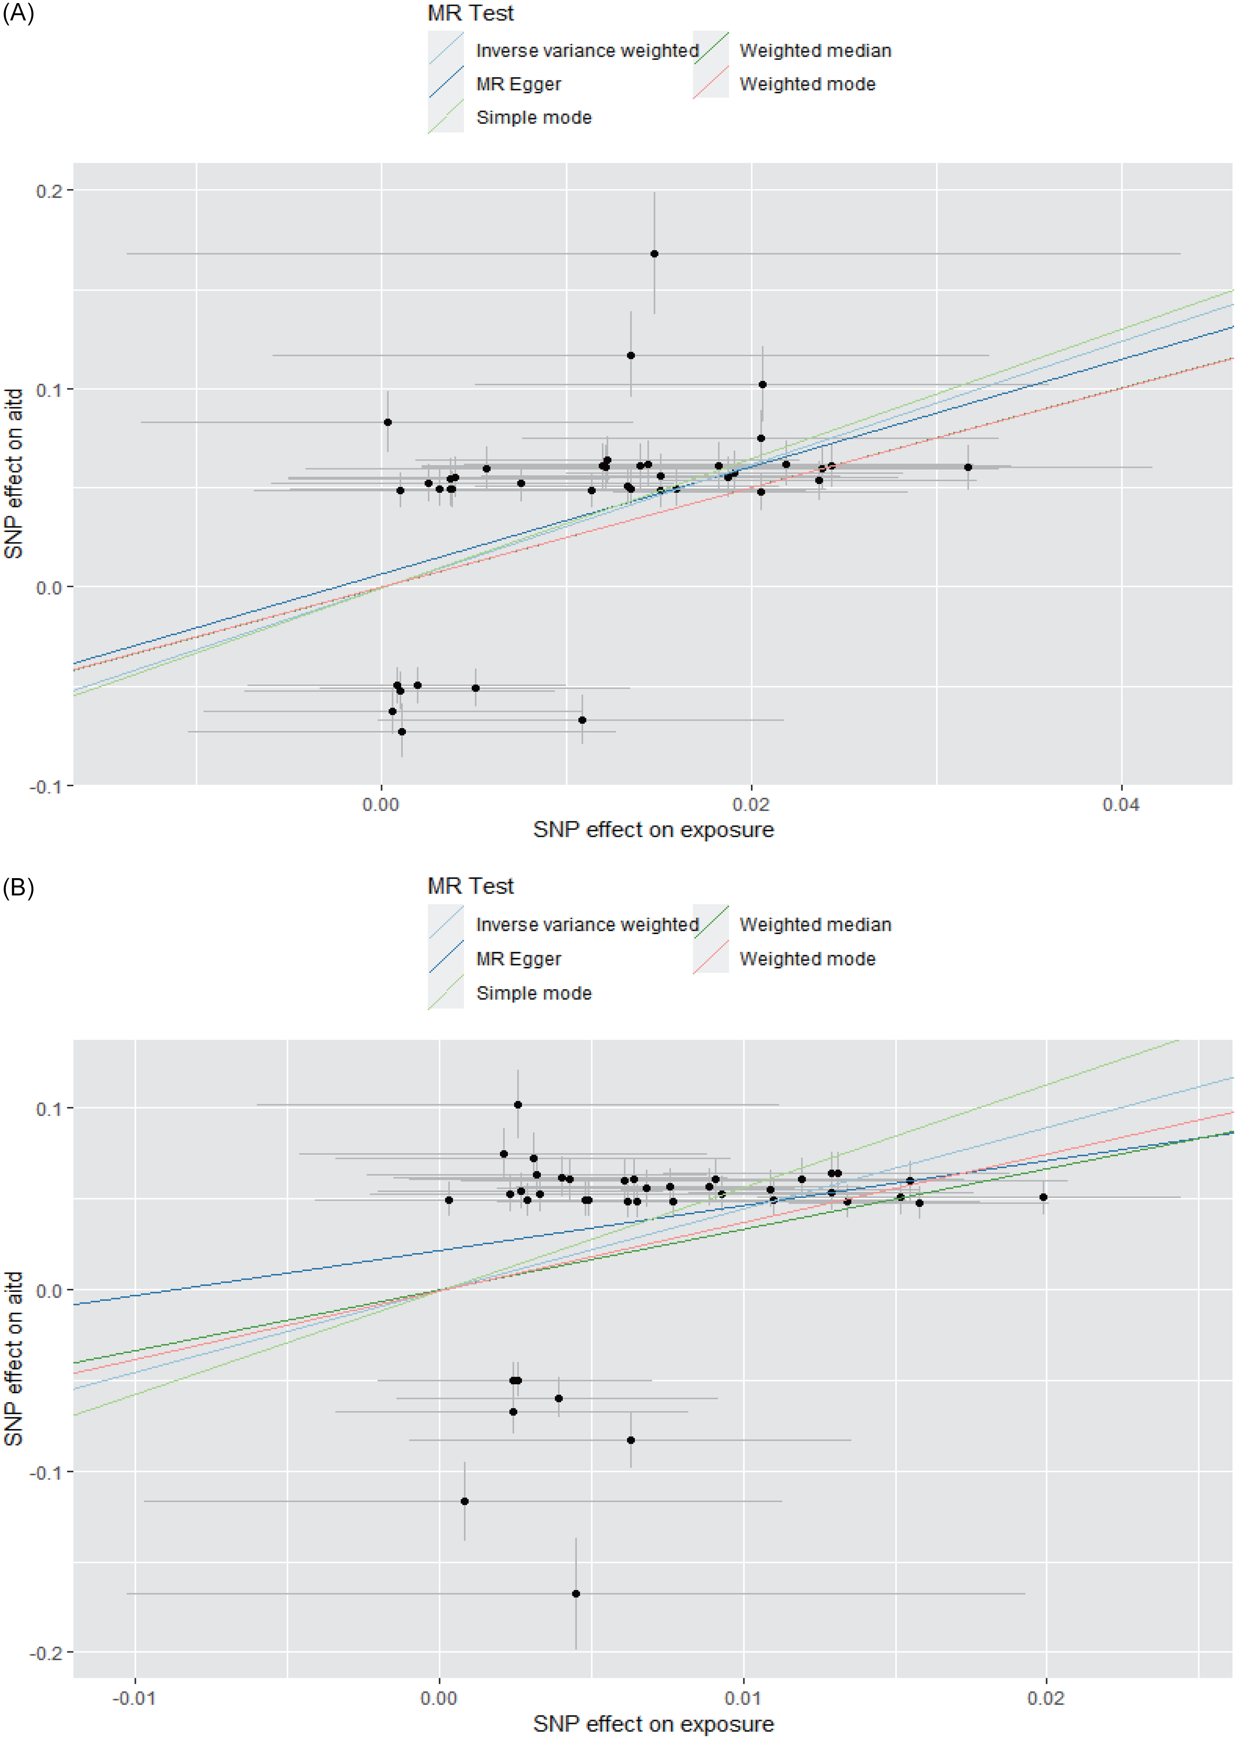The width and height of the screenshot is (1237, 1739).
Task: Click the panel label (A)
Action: point(18,14)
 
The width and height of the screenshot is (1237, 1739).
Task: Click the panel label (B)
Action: point(18,887)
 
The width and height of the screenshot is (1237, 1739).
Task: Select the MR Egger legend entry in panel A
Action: point(518,84)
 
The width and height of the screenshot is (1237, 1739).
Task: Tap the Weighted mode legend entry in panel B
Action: point(807,958)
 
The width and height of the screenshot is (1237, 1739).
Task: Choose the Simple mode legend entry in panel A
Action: point(533,117)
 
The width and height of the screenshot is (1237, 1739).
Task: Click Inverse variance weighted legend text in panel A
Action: point(586,50)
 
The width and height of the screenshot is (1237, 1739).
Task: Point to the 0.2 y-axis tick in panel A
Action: point(49,190)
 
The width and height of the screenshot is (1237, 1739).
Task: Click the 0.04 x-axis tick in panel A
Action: point(1120,805)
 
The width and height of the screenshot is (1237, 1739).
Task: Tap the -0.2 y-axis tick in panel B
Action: point(46,1653)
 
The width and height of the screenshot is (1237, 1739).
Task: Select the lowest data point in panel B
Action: point(576,1594)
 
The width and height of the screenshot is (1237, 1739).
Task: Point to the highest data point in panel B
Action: point(518,1104)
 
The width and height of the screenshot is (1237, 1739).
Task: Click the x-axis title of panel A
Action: point(653,829)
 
